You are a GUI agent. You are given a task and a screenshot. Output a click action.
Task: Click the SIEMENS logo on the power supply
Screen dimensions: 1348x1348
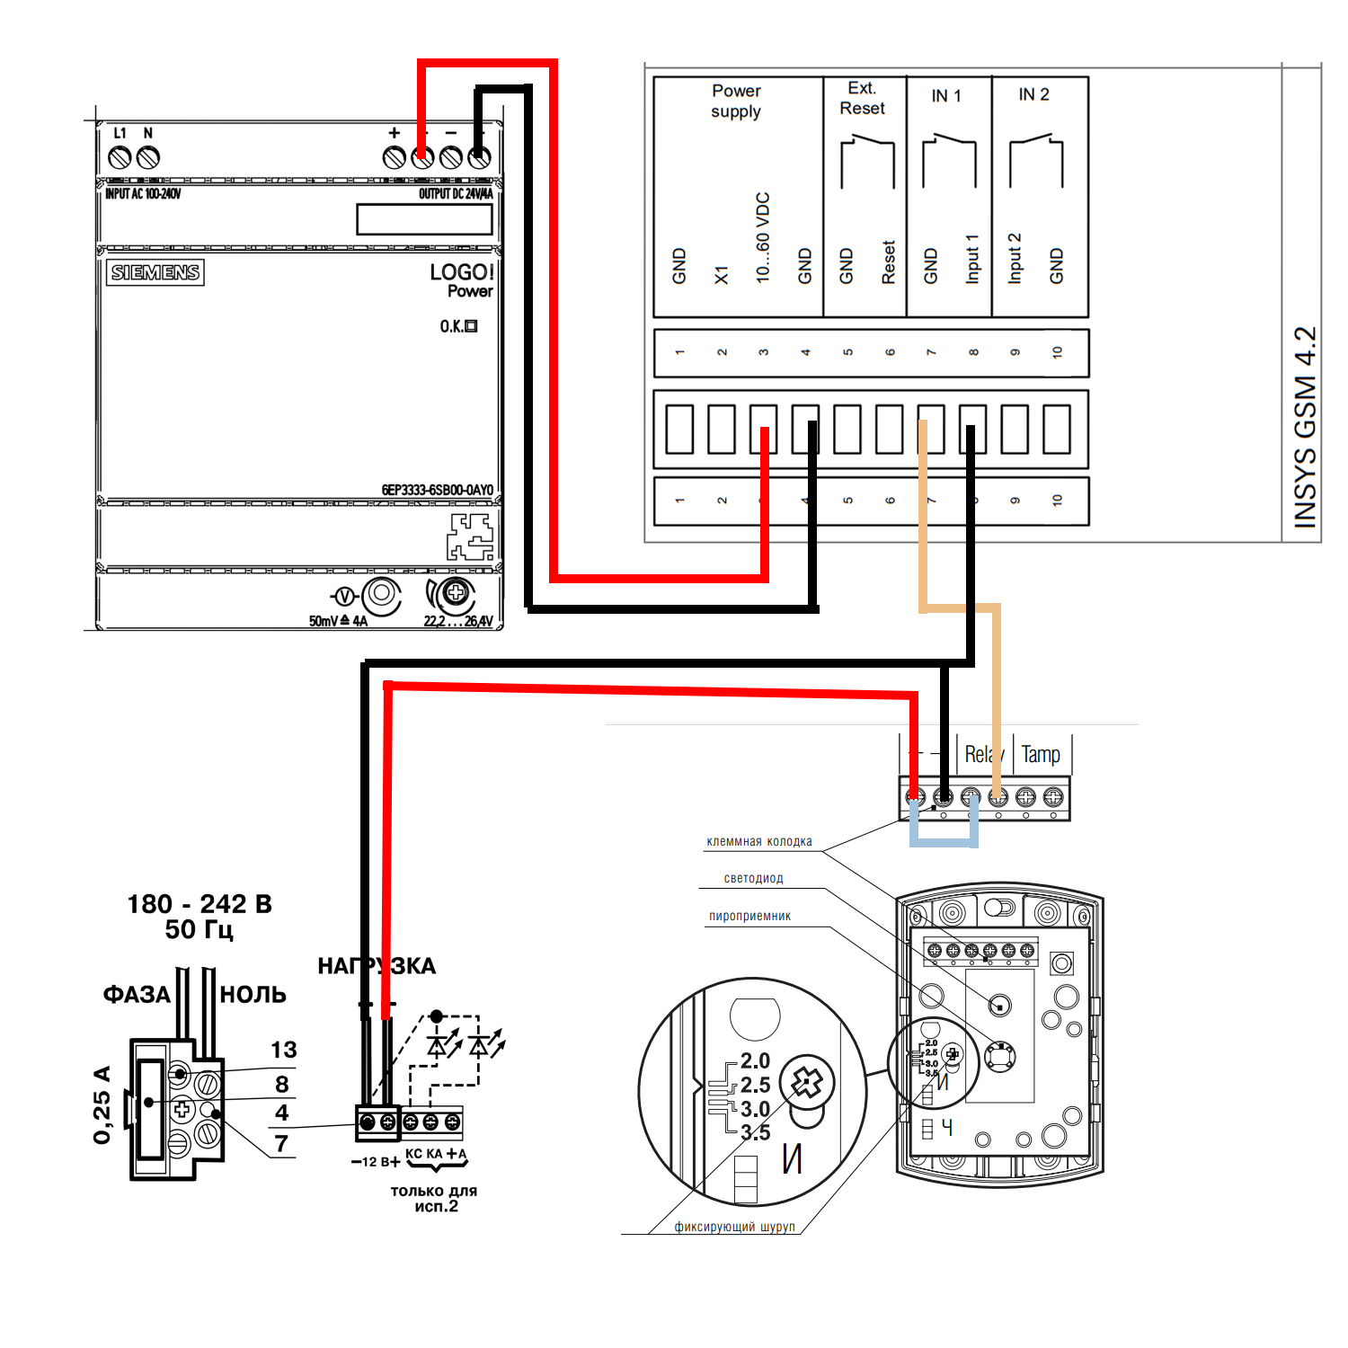tap(155, 272)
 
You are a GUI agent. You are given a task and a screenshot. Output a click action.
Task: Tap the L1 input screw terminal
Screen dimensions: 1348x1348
tap(120, 158)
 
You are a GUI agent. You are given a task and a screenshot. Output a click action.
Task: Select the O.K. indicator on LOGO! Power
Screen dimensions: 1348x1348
tap(458, 326)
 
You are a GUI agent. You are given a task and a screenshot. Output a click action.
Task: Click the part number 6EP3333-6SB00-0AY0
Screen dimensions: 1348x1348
tap(437, 490)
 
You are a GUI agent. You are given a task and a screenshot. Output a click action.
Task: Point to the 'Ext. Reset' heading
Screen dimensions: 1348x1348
tap(862, 98)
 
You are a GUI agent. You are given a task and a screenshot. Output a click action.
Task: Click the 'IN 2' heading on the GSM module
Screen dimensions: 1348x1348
tap(1033, 94)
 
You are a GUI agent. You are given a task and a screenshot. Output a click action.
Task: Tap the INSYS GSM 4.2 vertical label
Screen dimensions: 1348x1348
tap(1305, 427)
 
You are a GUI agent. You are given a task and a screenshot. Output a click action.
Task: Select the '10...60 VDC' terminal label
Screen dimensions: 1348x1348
tap(763, 238)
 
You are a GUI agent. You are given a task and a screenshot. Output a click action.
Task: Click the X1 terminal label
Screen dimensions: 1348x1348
tap(722, 275)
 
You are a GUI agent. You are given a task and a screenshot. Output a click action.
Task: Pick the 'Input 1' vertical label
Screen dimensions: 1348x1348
tap(972, 259)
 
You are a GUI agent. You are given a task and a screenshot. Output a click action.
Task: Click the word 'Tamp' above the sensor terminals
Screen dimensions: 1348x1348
tap(1041, 755)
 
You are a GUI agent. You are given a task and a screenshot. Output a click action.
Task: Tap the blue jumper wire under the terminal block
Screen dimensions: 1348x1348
tap(944, 843)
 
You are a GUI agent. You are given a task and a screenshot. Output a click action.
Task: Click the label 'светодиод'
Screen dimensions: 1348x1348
tap(753, 878)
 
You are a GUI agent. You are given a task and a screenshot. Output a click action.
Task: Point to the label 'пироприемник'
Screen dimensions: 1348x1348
tap(749, 916)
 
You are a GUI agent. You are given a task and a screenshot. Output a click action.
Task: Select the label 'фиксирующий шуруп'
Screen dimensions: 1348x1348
tap(734, 1227)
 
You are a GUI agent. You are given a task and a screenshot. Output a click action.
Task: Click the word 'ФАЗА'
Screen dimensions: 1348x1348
tap(137, 994)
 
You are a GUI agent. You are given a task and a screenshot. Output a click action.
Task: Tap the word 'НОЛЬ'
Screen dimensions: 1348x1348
tap(253, 994)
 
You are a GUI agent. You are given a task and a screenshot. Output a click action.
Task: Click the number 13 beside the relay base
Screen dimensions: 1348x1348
tap(283, 1050)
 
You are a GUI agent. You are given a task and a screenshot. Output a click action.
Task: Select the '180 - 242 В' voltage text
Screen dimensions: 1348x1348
tap(200, 904)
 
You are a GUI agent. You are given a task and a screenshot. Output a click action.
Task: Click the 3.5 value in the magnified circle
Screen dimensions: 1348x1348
tap(755, 1132)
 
